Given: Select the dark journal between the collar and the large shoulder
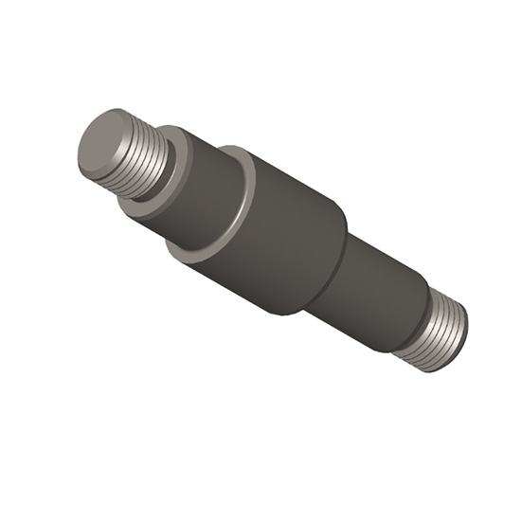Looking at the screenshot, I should pos(199,189).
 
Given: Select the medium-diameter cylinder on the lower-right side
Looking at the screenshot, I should pos(374,284).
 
